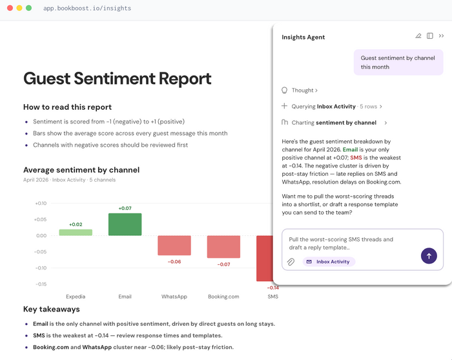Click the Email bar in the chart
(125, 224)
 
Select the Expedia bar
(76, 233)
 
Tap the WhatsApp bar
(174, 246)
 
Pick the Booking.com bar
(223, 247)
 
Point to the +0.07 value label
(125, 208)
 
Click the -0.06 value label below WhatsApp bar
(174, 262)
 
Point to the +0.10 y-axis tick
(41, 204)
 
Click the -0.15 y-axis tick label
(41, 284)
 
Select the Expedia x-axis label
(76, 297)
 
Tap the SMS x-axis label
(272, 297)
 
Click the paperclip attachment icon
(291, 262)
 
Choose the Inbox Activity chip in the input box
(329, 262)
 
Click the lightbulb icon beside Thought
(285, 90)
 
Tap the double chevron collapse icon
(441, 36)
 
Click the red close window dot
(10, 8)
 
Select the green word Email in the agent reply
(350, 149)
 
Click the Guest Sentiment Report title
(118, 78)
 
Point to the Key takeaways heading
(52, 309)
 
